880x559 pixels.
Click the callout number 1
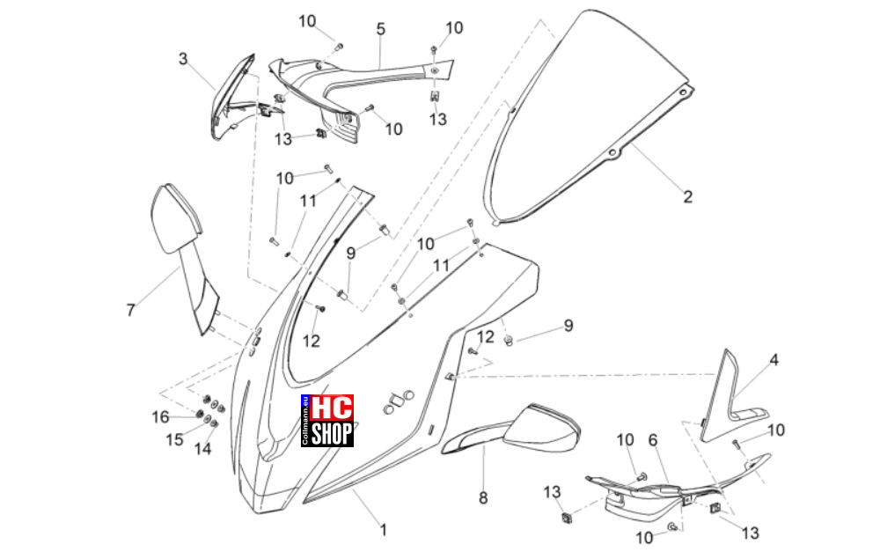(384, 529)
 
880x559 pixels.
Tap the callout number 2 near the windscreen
(687, 196)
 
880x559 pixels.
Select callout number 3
(183, 59)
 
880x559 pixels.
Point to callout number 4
(774, 360)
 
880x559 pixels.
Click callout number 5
(381, 29)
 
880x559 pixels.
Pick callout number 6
(653, 440)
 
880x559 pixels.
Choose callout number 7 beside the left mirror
(131, 310)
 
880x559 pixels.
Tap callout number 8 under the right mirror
(483, 498)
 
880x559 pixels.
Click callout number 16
(160, 417)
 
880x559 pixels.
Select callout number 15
(174, 439)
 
